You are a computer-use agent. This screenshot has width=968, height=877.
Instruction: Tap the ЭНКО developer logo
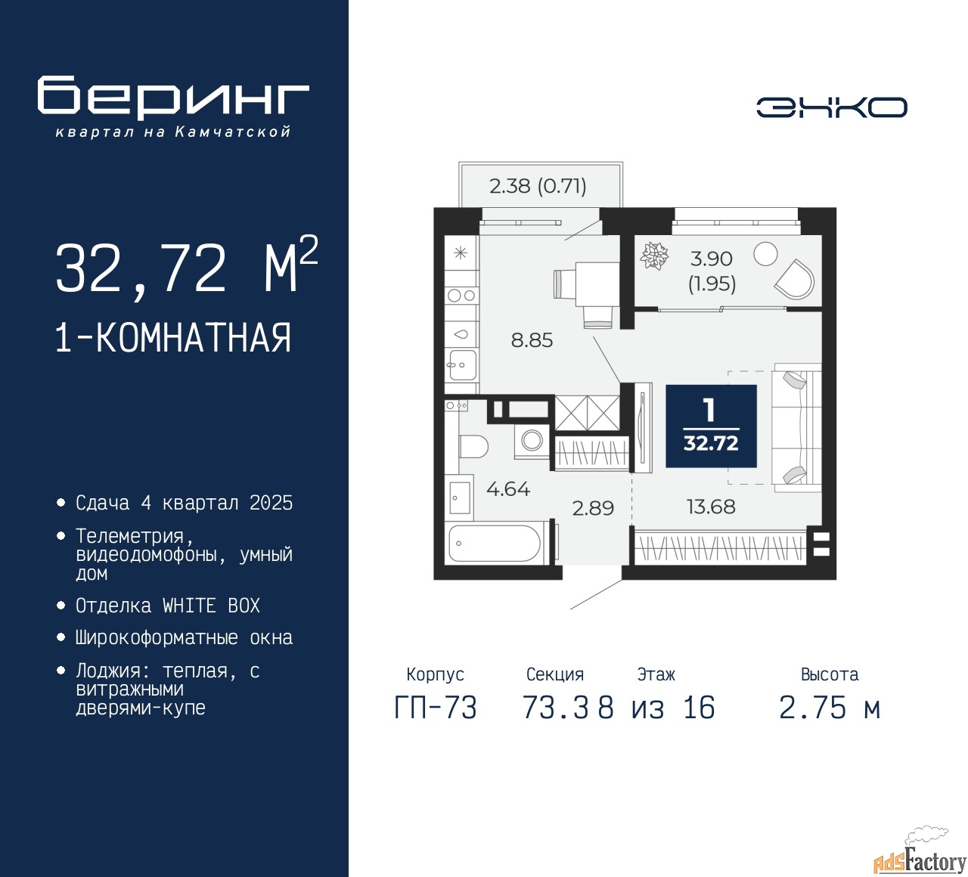point(831,107)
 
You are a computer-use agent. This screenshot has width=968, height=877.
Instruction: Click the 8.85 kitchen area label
point(532,340)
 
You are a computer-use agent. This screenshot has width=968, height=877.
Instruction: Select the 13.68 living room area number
point(711,507)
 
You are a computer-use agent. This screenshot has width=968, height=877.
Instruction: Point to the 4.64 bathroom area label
point(508,489)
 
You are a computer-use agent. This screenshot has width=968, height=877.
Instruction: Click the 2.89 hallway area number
point(593,508)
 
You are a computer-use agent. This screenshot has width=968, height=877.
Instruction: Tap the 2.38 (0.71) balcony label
point(538,186)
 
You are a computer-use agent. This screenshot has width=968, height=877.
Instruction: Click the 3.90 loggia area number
point(712,259)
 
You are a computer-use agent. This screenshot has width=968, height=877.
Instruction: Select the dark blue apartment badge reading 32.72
point(711,426)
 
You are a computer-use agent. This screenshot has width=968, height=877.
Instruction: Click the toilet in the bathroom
point(473,447)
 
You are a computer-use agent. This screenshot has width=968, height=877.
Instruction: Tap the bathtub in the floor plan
point(495,543)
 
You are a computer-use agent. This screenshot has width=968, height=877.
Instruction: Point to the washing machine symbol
point(532,441)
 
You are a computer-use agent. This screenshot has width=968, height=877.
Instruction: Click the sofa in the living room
point(796,427)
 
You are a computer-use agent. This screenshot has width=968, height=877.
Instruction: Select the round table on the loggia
point(765,253)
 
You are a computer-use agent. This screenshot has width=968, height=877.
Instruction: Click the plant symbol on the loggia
point(654,256)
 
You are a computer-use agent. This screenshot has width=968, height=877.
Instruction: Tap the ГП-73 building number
point(436,708)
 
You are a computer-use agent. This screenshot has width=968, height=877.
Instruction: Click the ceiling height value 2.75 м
point(830,708)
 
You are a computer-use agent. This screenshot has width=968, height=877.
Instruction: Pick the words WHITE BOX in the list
point(211,606)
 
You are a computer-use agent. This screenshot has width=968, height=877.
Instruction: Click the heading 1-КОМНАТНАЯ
point(173,338)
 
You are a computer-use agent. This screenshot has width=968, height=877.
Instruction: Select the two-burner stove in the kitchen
point(461,295)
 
